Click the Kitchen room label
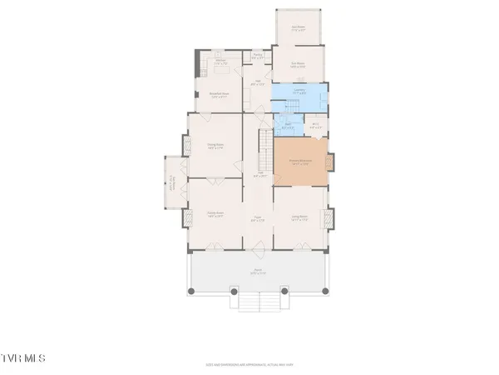pos(221,62)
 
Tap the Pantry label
pos(259,57)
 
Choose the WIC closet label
pos(315,127)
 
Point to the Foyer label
pos(259,219)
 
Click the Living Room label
pos(300,219)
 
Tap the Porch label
pos(259,271)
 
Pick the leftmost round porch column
pos(191,291)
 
